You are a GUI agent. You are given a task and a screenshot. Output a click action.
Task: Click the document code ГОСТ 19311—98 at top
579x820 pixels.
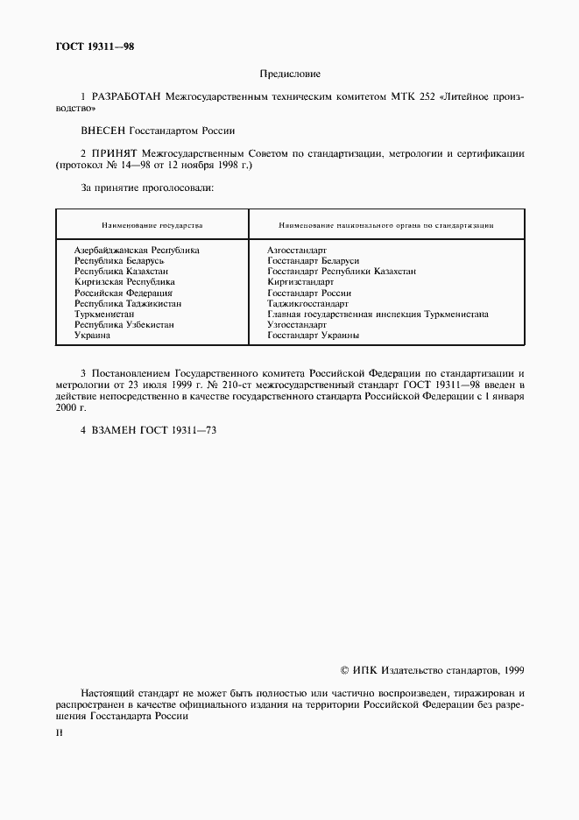pyautogui.click(x=95, y=46)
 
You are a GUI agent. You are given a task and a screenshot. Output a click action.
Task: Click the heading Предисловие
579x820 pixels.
pyautogui.click(x=290, y=74)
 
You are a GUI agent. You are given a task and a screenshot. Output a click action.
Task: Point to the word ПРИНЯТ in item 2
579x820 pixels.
pyautogui.click(x=112, y=152)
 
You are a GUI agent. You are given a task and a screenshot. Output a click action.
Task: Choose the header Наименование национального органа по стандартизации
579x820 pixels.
pyautogui.click(x=385, y=225)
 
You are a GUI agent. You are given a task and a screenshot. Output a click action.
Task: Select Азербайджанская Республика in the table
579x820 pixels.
pyautogui.click(x=137, y=250)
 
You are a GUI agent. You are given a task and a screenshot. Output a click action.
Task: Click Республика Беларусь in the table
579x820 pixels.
pyautogui.click(x=119, y=260)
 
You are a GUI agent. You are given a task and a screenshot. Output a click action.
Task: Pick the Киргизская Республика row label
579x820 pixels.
pyautogui.click(x=124, y=282)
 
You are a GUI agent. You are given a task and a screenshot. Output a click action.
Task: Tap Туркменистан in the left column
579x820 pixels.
pyautogui.click(x=104, y=314)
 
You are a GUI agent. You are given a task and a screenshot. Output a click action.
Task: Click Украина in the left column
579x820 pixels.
pyautogui.click(x=92, y=335)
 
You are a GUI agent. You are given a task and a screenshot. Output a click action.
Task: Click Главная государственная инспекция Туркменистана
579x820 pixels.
pyautogui.click(x=378, y=314)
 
